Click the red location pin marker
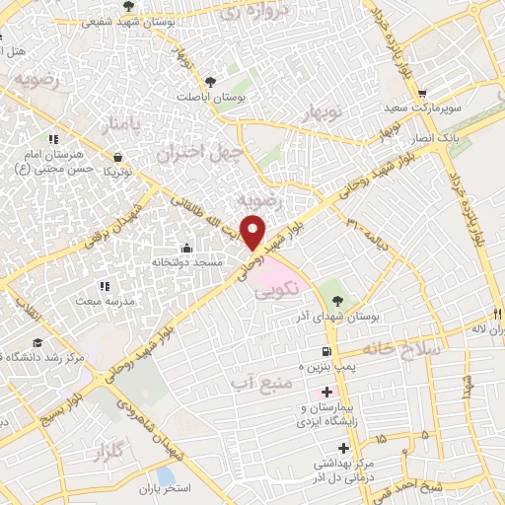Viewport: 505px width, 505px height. click(253, 231)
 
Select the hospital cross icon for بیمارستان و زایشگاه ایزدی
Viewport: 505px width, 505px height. click(327, 393)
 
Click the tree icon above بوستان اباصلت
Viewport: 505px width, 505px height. click(209, 82)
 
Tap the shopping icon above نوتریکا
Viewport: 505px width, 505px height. click(118, 156)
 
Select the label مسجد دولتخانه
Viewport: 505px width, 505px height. click(185, 261)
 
